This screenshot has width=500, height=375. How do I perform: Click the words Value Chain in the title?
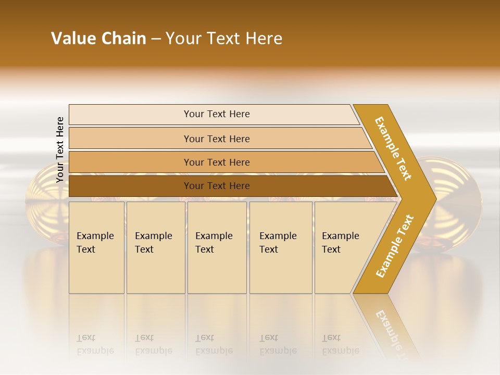pyautogui.click(x=98, y=39)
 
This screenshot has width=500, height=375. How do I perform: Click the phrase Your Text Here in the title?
pyautogui.click(x=224, y=39)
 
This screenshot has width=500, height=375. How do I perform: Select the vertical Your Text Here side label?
pyautogui.click(x=60, y=149)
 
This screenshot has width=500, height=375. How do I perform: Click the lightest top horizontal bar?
pyautogui.click(x=130, y=115)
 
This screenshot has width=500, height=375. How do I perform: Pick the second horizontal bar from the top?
pyautogui.click(x=130, y=139)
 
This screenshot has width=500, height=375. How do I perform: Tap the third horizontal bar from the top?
pyautogui.click(x=130, y=162)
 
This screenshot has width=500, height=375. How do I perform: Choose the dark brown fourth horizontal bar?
pyautogui.click(x=130, y=186)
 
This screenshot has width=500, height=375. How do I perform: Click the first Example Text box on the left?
pyautogui.click(x=96, y=247)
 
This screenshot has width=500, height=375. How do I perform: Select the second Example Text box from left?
pyautogui.click(x=155, y=247)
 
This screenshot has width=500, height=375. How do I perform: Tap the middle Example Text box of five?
pyautogui.click(x=217, y=247)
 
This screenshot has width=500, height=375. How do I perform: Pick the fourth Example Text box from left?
pyautogui.click(x=280, y=247)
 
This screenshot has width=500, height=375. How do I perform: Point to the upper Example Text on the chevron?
pyautogui.click(x=393, y=148)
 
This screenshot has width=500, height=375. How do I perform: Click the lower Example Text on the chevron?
pyautogui.click(x=395, y=246)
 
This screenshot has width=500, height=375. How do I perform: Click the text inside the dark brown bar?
pyautogui.click(x=217, y=186)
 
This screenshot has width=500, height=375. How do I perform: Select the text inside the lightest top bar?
pyautogui.click(x=217, y=114)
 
